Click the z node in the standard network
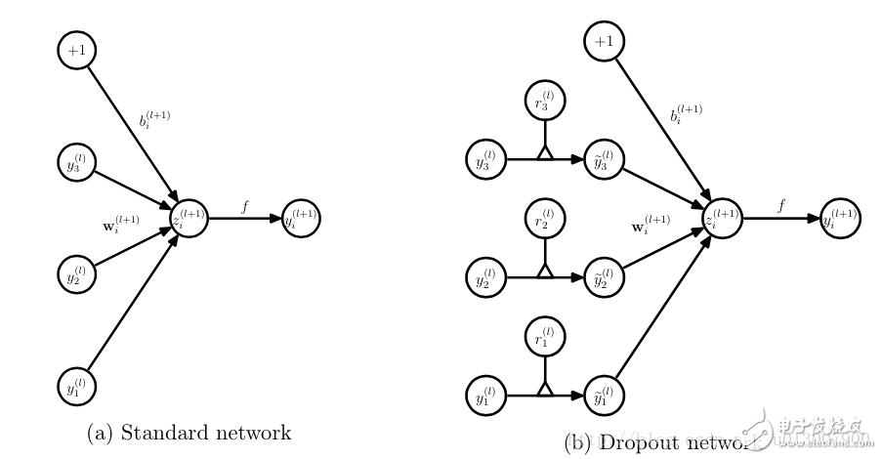tap(189, 218)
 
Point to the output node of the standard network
tap(301, 218)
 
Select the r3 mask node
tap(544, 101)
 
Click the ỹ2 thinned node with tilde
tap(604, 276)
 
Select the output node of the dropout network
tap(840, 218)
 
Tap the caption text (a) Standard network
tap(189, 432)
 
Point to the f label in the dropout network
tap(781, 205)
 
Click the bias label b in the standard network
tap(155, 122)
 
